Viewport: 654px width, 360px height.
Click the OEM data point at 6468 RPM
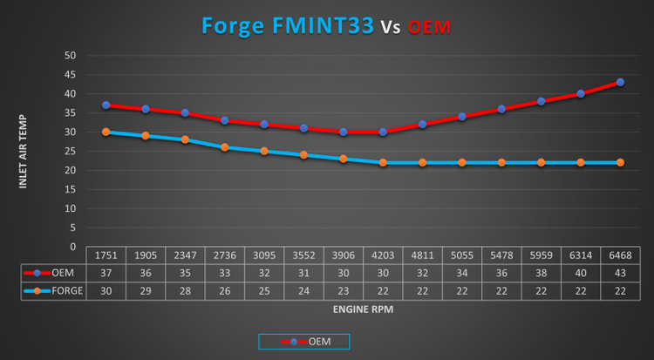click(620, 82)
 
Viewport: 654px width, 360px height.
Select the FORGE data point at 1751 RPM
click(106, 132)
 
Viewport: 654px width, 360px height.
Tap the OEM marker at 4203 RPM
click(383, 132)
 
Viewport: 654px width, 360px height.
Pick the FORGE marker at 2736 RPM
click(225, 147)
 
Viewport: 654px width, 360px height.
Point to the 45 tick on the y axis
click(70, 75)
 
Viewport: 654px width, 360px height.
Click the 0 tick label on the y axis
click(73, 247)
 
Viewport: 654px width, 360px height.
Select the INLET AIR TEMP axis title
click(23, 152)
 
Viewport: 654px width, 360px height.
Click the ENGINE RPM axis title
click(363, 309)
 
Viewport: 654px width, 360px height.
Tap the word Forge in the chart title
click(233, 26)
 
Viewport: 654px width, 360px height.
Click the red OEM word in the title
click(429, 28)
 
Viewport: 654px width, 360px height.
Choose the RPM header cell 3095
click(264, 255)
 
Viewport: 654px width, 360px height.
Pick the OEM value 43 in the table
click(620, 273)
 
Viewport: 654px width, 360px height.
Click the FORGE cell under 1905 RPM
click(146, 291)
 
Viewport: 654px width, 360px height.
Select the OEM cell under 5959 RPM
click(541, 273)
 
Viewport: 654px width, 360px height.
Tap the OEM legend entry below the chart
click(304, 342)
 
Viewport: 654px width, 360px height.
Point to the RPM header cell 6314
click(581, 255)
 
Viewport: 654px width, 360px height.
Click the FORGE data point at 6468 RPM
click(620, 162)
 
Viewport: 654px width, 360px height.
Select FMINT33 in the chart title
click(324, 26)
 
